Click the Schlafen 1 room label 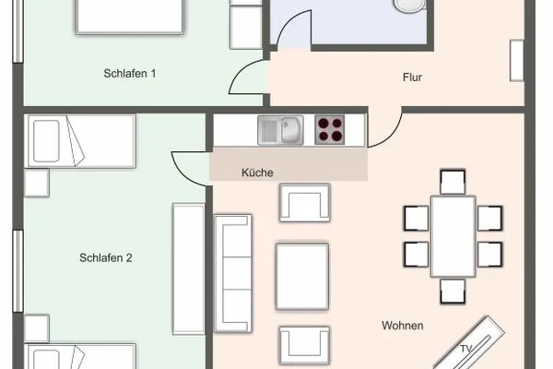(x=130, y=74)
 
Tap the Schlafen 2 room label (x=106, y=258)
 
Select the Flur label (x=412, y=77)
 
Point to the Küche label (x=257, y=173)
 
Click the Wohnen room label (x=403, y=326)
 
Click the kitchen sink (x=280, y=129)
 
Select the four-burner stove (x=330, y=129)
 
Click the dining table (x=453, y=236)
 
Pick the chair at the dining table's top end (x=453, y=182)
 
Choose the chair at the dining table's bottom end (x=453, y=291)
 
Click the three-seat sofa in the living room (x=233, y=273)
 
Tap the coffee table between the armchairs (x=302, y=276)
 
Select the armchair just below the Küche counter (x=304, y=201)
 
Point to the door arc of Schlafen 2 (x=189, y=166)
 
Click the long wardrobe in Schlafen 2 (x=187, y=268)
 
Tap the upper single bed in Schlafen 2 (x=81, y=140)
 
